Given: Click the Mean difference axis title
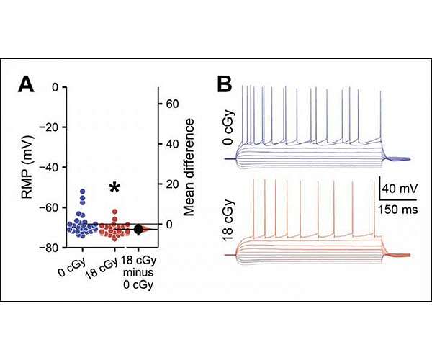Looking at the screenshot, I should coord(191,166).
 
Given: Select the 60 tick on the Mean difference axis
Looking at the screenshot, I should coord(172,104).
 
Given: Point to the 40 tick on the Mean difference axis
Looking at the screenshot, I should coord(172,144).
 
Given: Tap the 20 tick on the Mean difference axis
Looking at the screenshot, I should coord(172,184).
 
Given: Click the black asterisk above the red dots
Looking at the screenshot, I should coord(114,189).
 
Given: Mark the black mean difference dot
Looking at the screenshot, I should coord(138,230).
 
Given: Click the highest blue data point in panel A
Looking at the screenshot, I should coord(83,192).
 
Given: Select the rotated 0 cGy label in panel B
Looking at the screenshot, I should coord(228,133).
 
